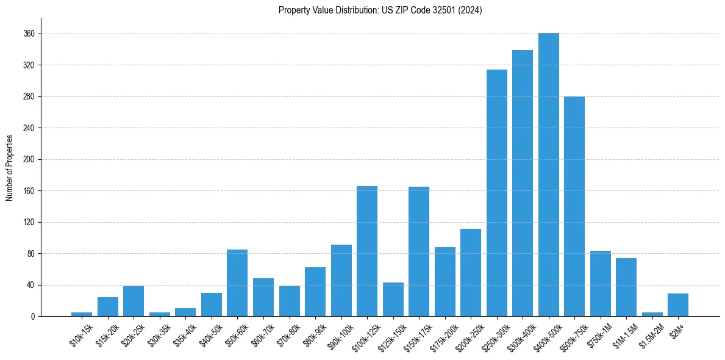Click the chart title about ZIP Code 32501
(x=380, y=10)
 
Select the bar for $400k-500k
(x=549, y=175)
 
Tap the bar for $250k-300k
(x=497, y=193)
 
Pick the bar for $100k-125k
(x=367, y=251)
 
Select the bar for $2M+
(x=678, y=304)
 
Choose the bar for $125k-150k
(x=393, y=299)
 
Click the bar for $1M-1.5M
(x=626, y=287)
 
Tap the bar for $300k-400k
(x=523, y=183)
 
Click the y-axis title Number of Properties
(x=9, y=167)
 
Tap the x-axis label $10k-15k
(x=81, y=336)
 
